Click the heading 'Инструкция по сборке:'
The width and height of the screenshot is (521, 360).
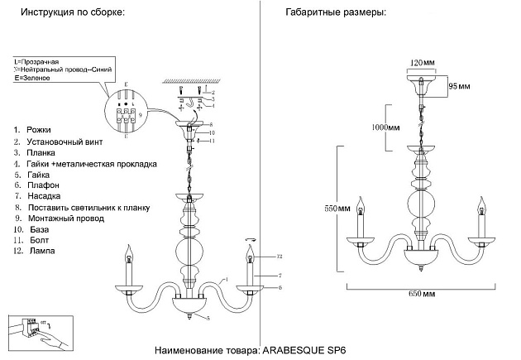(x=74, y=14)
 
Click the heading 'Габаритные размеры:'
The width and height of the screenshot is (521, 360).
(x=336, y=14)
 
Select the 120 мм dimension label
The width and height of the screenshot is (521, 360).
(x=421, y=62)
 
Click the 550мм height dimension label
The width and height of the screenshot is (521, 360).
(x=338, y=209)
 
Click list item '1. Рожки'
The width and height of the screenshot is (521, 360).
(x=33, y=131)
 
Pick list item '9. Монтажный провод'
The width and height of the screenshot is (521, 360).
(x=60, y=219)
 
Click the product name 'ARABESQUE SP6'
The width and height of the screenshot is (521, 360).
(x=304, y=349)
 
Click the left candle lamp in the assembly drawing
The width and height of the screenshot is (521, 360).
(x=128, y=265)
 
